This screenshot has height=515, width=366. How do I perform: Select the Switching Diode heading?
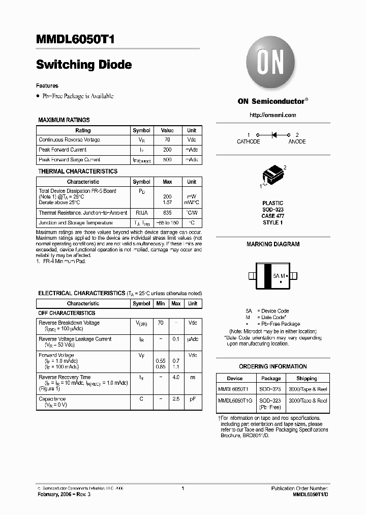click(x=84, y=65)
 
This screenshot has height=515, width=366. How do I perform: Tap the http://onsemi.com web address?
click(x=272, y=115)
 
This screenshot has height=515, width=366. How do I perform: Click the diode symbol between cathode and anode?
click(x=273, y=135)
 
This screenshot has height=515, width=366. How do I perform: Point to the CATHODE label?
click(x=248, y=141)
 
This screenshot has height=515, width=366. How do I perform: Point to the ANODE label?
click(x=297, y=141)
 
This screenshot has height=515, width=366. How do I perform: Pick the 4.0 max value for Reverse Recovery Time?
click(x=176, y=377)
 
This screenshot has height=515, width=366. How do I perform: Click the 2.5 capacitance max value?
click(x=176, y=399)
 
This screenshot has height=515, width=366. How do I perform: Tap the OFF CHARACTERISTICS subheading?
click(x=67, y=313)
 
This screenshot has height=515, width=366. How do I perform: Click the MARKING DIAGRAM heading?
click(x=273, y=244)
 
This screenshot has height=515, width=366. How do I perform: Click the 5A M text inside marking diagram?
click(x=280, y=275)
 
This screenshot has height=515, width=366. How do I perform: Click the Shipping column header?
click(x=307, y=379)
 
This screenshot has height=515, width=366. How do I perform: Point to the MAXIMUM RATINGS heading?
click(x=64, y=120)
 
